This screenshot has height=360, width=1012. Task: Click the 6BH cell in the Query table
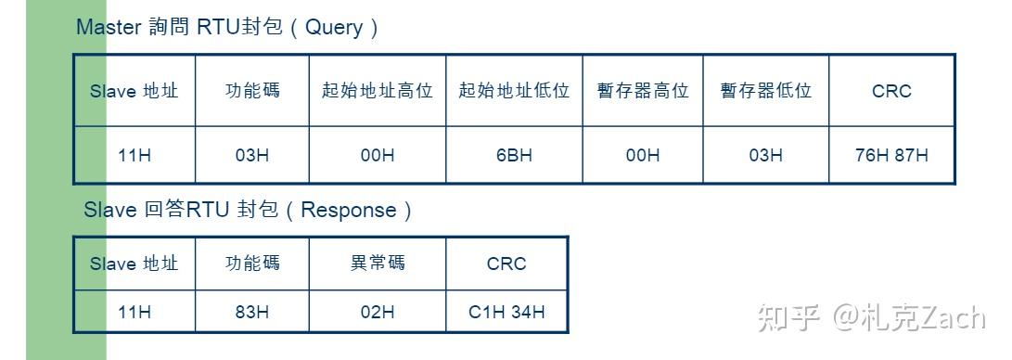coord(514,155)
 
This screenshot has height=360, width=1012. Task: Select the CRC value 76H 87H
coord(891,155)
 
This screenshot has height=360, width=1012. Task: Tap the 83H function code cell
coord(251,312)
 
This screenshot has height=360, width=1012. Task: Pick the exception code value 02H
coord(377,312)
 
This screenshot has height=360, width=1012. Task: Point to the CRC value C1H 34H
coord(506,312)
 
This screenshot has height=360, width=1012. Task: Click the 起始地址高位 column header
coord(377,91)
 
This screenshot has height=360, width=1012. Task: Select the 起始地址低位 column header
coord(514,91)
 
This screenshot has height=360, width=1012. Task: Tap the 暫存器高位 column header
coord(643,91)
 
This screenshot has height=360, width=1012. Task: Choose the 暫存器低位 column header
coord(765,91)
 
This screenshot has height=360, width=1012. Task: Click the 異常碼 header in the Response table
coord(377,264)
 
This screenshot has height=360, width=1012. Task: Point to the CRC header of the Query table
coord(891,91)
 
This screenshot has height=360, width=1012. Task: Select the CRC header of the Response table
coord(506,264)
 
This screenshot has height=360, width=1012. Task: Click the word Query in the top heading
coord(334,28)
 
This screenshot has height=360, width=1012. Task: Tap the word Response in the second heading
coord(349,211)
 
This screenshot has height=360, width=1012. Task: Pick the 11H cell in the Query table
coord(135,155)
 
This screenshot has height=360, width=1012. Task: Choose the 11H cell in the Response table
coord(135,312)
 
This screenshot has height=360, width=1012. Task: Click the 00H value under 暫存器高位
coord(643,155)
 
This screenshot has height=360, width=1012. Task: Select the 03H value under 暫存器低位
coord(765,155)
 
